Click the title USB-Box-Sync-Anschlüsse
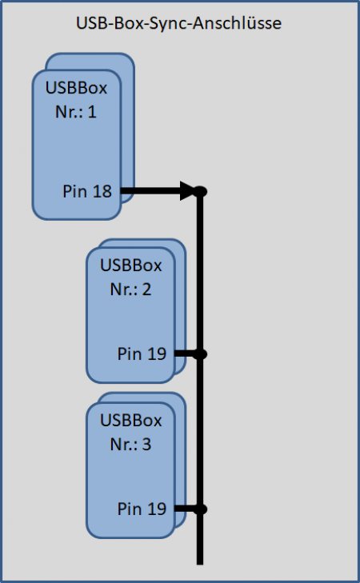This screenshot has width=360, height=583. (178, 23)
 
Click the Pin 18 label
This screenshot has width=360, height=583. (87, 191)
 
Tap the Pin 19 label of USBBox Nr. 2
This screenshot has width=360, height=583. (142, 353)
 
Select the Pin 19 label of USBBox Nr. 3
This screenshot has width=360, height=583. (142, 509)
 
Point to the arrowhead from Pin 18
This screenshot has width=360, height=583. (188, 191)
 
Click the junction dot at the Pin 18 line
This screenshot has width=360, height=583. (200, 191)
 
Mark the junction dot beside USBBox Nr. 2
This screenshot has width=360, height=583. (200, 354)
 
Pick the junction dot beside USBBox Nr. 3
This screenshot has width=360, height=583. (200, 509)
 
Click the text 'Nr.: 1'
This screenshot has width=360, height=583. (76, 111)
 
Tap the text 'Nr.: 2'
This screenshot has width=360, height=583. (130, 290)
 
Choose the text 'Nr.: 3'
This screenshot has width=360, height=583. (130, 445)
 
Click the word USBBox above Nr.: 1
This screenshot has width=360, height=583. (76, 88)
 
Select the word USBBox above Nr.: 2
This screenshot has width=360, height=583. (131, 266)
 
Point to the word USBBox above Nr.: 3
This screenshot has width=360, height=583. (131, 421)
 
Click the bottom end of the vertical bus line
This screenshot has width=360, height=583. (200, 565)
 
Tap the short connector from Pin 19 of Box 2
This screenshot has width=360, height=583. (186, 354)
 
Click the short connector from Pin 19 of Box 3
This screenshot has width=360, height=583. (186, 509)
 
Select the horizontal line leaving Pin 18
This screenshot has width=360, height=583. (158, 191)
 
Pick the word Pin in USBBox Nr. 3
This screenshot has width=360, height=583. (127, 509)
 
